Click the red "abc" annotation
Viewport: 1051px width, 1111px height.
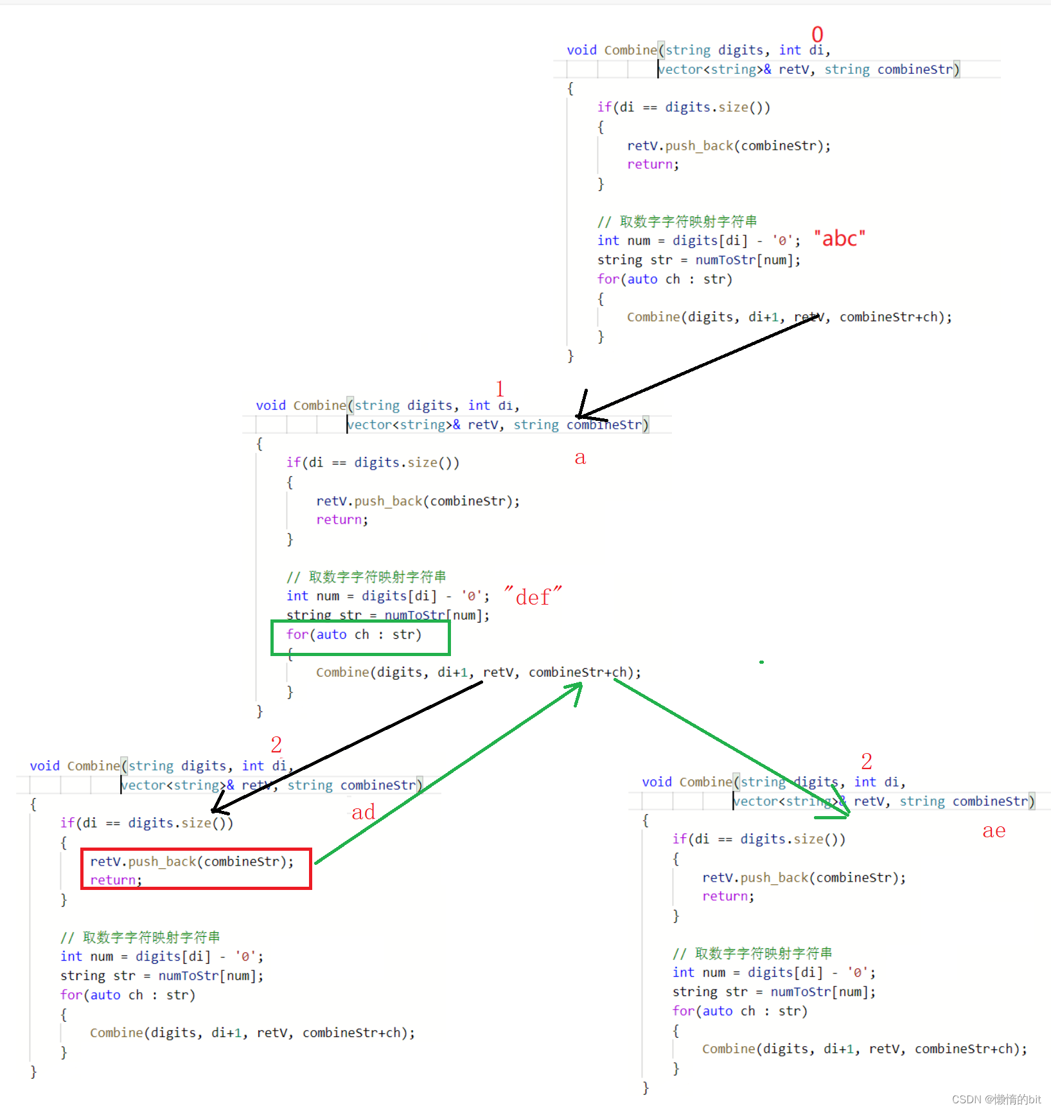[840, 239]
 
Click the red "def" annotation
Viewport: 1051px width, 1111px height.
[533, 597]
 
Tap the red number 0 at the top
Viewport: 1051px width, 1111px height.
[817, 34]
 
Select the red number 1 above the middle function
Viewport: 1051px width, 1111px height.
[500, 389]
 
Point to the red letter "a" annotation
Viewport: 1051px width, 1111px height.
[580, 458]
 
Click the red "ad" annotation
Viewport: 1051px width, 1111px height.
[363, 812]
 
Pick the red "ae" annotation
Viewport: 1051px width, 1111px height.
[994, 831]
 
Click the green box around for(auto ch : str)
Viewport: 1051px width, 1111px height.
[360, 637]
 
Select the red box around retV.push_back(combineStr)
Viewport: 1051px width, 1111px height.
[196, 869]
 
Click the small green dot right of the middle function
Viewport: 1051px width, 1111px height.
[761, 662]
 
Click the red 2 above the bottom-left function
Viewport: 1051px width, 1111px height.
[276, 745]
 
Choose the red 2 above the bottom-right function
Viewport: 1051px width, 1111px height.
[867, 761]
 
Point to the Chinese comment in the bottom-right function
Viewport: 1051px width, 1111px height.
[752, 953]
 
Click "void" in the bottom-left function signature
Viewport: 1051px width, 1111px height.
[44, 766]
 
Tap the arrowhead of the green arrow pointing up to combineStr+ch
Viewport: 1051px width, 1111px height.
[577, 688]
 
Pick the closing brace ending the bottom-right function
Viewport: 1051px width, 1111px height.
[646, 1087]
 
